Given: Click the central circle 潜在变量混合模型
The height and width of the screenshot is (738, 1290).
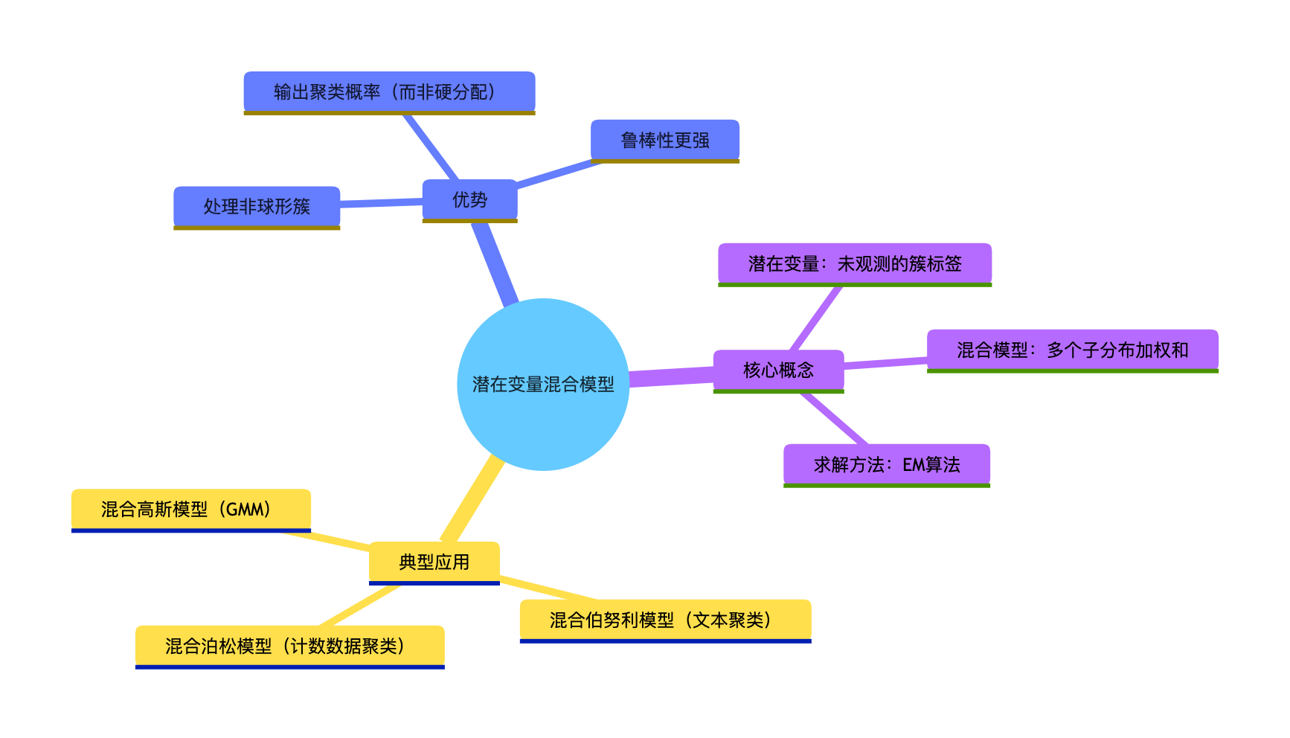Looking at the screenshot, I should [x=543, y=384].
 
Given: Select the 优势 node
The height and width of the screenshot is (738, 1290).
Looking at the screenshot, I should [x=469, y=199].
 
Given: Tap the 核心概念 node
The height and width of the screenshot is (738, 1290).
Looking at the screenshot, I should [x=778, y=370].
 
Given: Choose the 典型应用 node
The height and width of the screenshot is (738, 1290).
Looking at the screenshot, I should [x=434, y=562].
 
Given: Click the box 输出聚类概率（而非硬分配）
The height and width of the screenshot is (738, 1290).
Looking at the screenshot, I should [x=389, y=92].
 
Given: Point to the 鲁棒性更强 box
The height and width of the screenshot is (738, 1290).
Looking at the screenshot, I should [x=664, y=140].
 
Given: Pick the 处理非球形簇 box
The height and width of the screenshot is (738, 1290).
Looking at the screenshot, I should [x=257, y=206].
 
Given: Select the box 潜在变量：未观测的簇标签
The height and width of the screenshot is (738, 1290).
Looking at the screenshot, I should [x=854, y=263].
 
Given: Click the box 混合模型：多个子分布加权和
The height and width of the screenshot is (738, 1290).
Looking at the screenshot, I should [x=1072, y=350].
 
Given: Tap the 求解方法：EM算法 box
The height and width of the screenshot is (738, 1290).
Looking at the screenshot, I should [x=886, y=464].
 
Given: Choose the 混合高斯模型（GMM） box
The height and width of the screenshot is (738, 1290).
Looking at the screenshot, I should [x=190, y=510].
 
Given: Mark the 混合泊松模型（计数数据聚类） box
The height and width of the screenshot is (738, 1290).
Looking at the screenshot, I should [x=289, y=646].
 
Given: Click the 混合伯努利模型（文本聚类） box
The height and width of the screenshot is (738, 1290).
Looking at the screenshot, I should [x=665, y=620].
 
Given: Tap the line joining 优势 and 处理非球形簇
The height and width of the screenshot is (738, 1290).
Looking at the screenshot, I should [x=381, y=202].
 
